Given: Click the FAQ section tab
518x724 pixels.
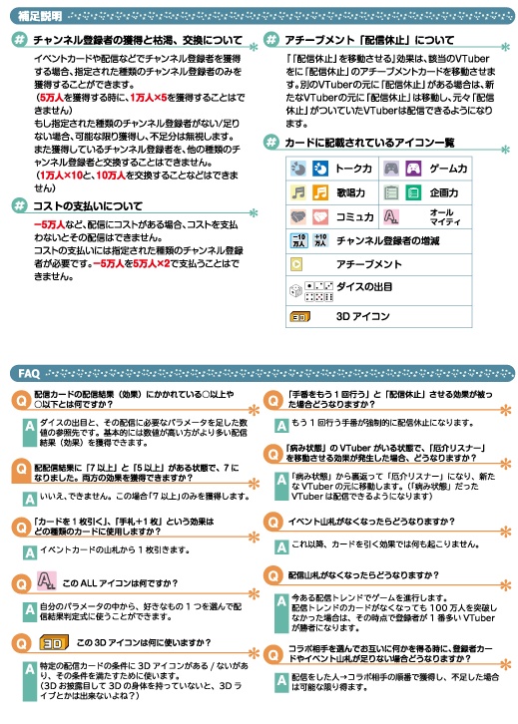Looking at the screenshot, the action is [29, 372].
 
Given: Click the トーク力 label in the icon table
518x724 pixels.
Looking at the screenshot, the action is [352, 169].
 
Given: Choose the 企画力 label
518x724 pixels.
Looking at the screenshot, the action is [445, 192].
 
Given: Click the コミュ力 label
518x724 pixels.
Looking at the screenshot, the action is [353, 215].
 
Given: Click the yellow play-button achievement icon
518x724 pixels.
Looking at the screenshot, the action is [295, 264].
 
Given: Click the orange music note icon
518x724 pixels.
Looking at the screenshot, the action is [295, 192].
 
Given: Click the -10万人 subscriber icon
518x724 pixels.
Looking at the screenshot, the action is [295, 240].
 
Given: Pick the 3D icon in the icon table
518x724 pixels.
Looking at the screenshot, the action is [297, 317].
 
